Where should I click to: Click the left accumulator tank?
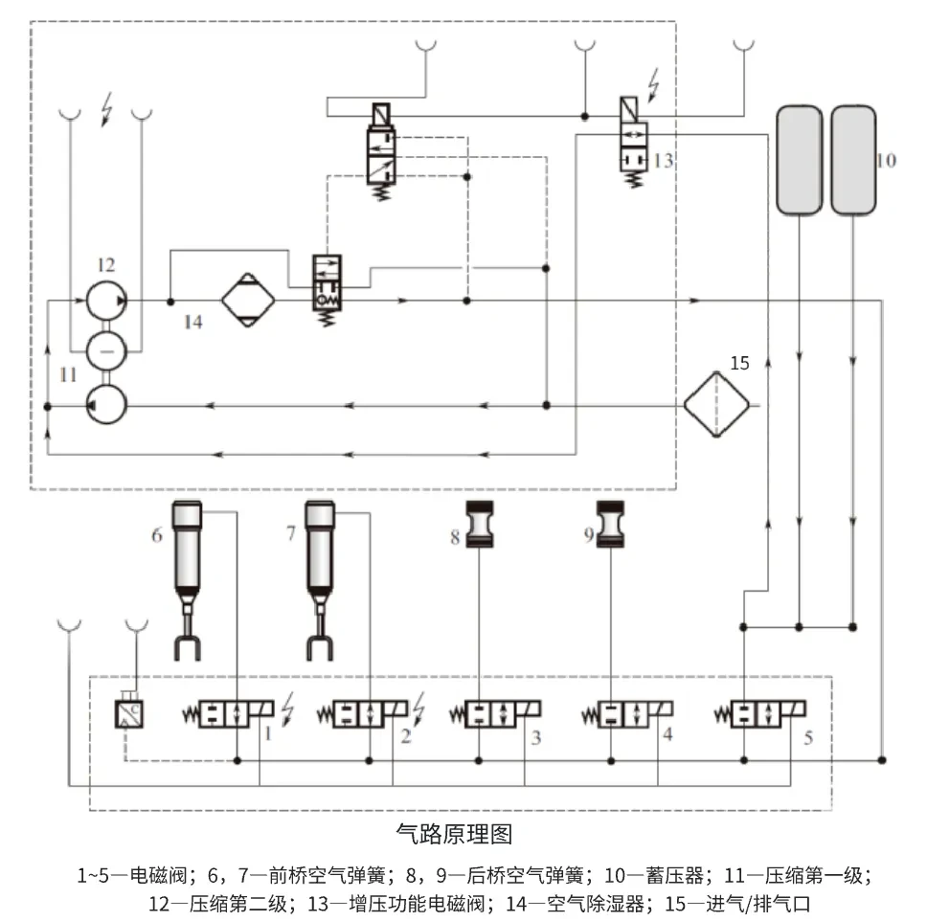[798, 160]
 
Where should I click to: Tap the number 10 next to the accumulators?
[886, 160]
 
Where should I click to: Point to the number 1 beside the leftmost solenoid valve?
[269, 735]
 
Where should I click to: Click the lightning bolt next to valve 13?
[655, 84]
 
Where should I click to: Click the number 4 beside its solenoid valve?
[667, 735]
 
